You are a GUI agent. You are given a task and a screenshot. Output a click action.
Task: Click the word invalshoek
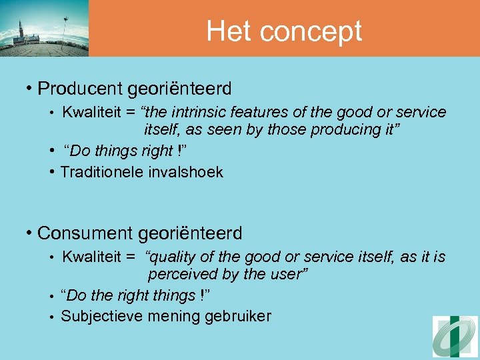[185, 172]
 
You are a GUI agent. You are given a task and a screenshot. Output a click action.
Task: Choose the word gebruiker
[239, 317]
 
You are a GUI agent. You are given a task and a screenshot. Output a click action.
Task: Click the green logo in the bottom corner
[455, 337]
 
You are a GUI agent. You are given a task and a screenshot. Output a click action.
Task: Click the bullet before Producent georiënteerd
[30, 88]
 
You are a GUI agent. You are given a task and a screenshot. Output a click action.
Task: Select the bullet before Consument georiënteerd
[30, 233]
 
